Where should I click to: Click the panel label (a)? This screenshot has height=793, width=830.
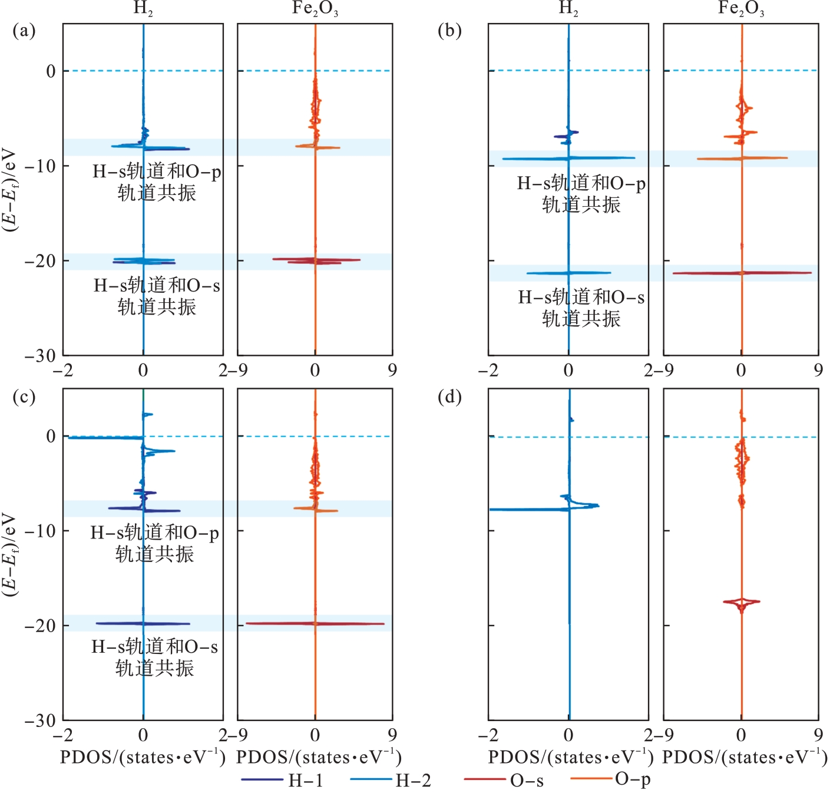[x=24, y=31]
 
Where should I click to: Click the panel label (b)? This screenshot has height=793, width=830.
[x=449, y=31]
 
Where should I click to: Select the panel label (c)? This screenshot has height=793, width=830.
[x=24, y=396]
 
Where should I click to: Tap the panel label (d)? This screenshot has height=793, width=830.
[x=449, y=396]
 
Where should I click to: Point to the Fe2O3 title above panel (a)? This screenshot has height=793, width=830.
[x=315, y=9]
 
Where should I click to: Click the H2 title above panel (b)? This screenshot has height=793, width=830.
[x=568, y=9]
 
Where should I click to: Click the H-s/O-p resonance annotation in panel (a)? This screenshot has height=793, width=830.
[x=157, y=182]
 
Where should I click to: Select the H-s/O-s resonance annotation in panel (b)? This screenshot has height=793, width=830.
[x=581, y=308]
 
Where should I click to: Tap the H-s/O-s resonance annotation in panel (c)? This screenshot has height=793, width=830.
[x=154, y=657]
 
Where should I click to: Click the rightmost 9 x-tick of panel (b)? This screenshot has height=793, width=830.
[x=818, y=370]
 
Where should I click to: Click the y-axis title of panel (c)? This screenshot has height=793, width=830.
[x=11, y=554]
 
